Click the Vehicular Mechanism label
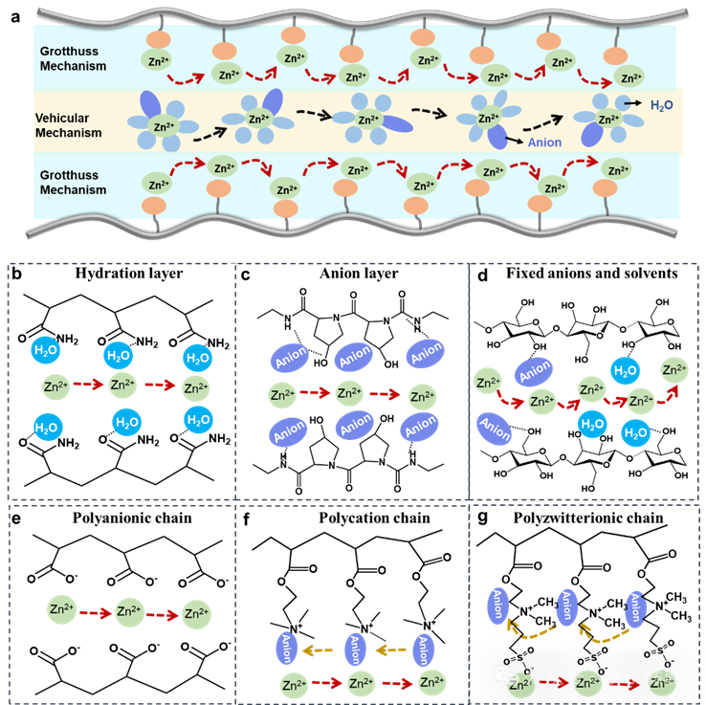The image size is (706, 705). pyautogui.click(x=68, y=125)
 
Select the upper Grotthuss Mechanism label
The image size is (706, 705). pyautogui.click(x=73, y=58)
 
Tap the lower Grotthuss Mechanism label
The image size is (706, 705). pyautogui.click(x=73, y=183)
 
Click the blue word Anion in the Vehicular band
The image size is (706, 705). pyautogui.click(x=544, y=143)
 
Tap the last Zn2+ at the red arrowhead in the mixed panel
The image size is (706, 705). pyautogui.click(x=674, y=370)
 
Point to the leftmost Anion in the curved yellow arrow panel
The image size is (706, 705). pyautogui.click(x=498, y=606)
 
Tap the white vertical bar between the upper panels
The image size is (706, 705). pyautogui.click(x=239, y=383)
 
